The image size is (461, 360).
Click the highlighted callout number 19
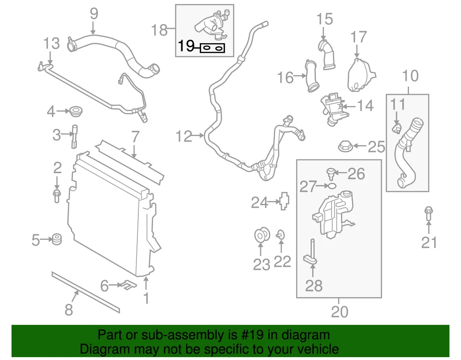pos(186,47)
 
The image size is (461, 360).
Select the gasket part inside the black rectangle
pos(212,48)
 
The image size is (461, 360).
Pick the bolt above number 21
pos(428,214)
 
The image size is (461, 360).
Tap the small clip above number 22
pos(281,235)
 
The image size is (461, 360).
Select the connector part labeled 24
pos(285,201)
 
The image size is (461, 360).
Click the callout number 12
pos(183,137)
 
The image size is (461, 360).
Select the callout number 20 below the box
pos(339,312)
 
